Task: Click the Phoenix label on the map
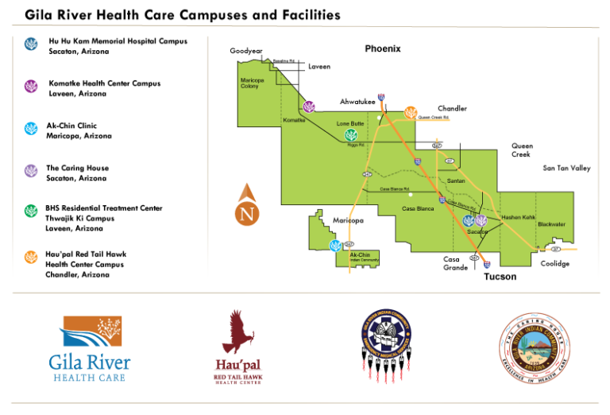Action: pyautogui.click(x=383, y=49)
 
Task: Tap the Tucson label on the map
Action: pyautogui.click(x=500, y=277)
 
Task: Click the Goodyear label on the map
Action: pyautogui.click(x=246, y=51)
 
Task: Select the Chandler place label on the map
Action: pyautogui.click(x=452, y=109)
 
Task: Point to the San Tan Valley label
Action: pyautogui.click(x=566, y=169)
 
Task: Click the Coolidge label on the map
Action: pyautogui.click(x=554, y=264)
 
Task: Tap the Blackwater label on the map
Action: pyautogui.click(x=551, y=224)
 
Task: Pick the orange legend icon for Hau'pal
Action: pyautogui.click(x=31, y=256)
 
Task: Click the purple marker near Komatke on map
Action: pyautogui.click(x=308, y=106)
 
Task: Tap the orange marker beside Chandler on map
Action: pyautogui.click(x=410, y=113)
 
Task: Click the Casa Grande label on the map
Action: pyautogui.click(x=456, y=263)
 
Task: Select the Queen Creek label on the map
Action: pyautogui.click(x=522, y=150)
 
